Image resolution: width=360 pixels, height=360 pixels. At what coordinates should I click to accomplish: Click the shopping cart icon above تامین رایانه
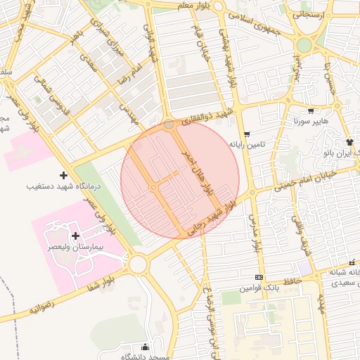[x=246, y=134]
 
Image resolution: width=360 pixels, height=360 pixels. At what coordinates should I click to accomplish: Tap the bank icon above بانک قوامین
[x=259, y=278]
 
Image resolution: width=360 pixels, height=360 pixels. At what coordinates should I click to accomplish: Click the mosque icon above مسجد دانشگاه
[x=146, y=347]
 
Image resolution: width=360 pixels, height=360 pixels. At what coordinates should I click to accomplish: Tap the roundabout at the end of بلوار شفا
[x=137, y=264]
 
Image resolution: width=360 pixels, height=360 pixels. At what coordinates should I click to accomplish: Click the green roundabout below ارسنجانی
[x=304, y=46]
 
